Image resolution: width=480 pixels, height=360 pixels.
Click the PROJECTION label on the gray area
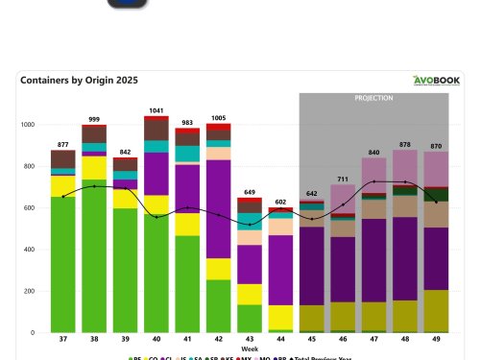(373, 98)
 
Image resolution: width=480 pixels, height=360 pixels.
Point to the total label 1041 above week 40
(156, 110)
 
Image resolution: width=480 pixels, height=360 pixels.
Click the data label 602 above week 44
(280, 202)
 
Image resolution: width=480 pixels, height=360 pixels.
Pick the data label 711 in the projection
(343, 179)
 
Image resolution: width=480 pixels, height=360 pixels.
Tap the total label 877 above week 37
(63, 144)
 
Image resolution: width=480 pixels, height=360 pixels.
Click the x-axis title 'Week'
(249, 349)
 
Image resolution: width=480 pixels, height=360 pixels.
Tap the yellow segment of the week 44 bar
(280, 318)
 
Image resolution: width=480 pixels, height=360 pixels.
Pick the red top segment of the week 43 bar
(250, 201)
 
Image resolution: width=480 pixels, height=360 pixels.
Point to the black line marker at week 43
(250, 225)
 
